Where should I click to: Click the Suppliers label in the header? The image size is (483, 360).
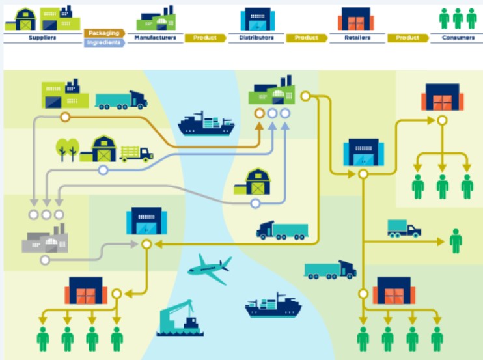42,38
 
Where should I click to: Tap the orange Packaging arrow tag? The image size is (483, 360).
104,33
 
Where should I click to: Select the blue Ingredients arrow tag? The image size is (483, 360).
104,42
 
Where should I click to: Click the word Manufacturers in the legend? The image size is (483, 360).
155,38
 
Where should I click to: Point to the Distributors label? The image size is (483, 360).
256,38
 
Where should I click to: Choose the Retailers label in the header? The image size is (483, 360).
357,38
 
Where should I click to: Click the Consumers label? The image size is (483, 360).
458,38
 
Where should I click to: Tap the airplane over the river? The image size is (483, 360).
210,269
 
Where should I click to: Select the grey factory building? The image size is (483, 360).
45,239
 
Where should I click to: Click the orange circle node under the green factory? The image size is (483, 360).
259,113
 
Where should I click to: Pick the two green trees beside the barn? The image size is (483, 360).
68,150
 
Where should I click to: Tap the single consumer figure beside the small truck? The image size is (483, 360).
456,241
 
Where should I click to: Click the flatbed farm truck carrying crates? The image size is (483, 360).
136,154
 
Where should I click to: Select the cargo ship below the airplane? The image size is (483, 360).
273,305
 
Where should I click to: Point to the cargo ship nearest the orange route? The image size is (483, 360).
206,124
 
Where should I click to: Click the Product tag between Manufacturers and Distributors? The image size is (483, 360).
205,38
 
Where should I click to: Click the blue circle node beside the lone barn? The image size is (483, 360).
255,203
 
